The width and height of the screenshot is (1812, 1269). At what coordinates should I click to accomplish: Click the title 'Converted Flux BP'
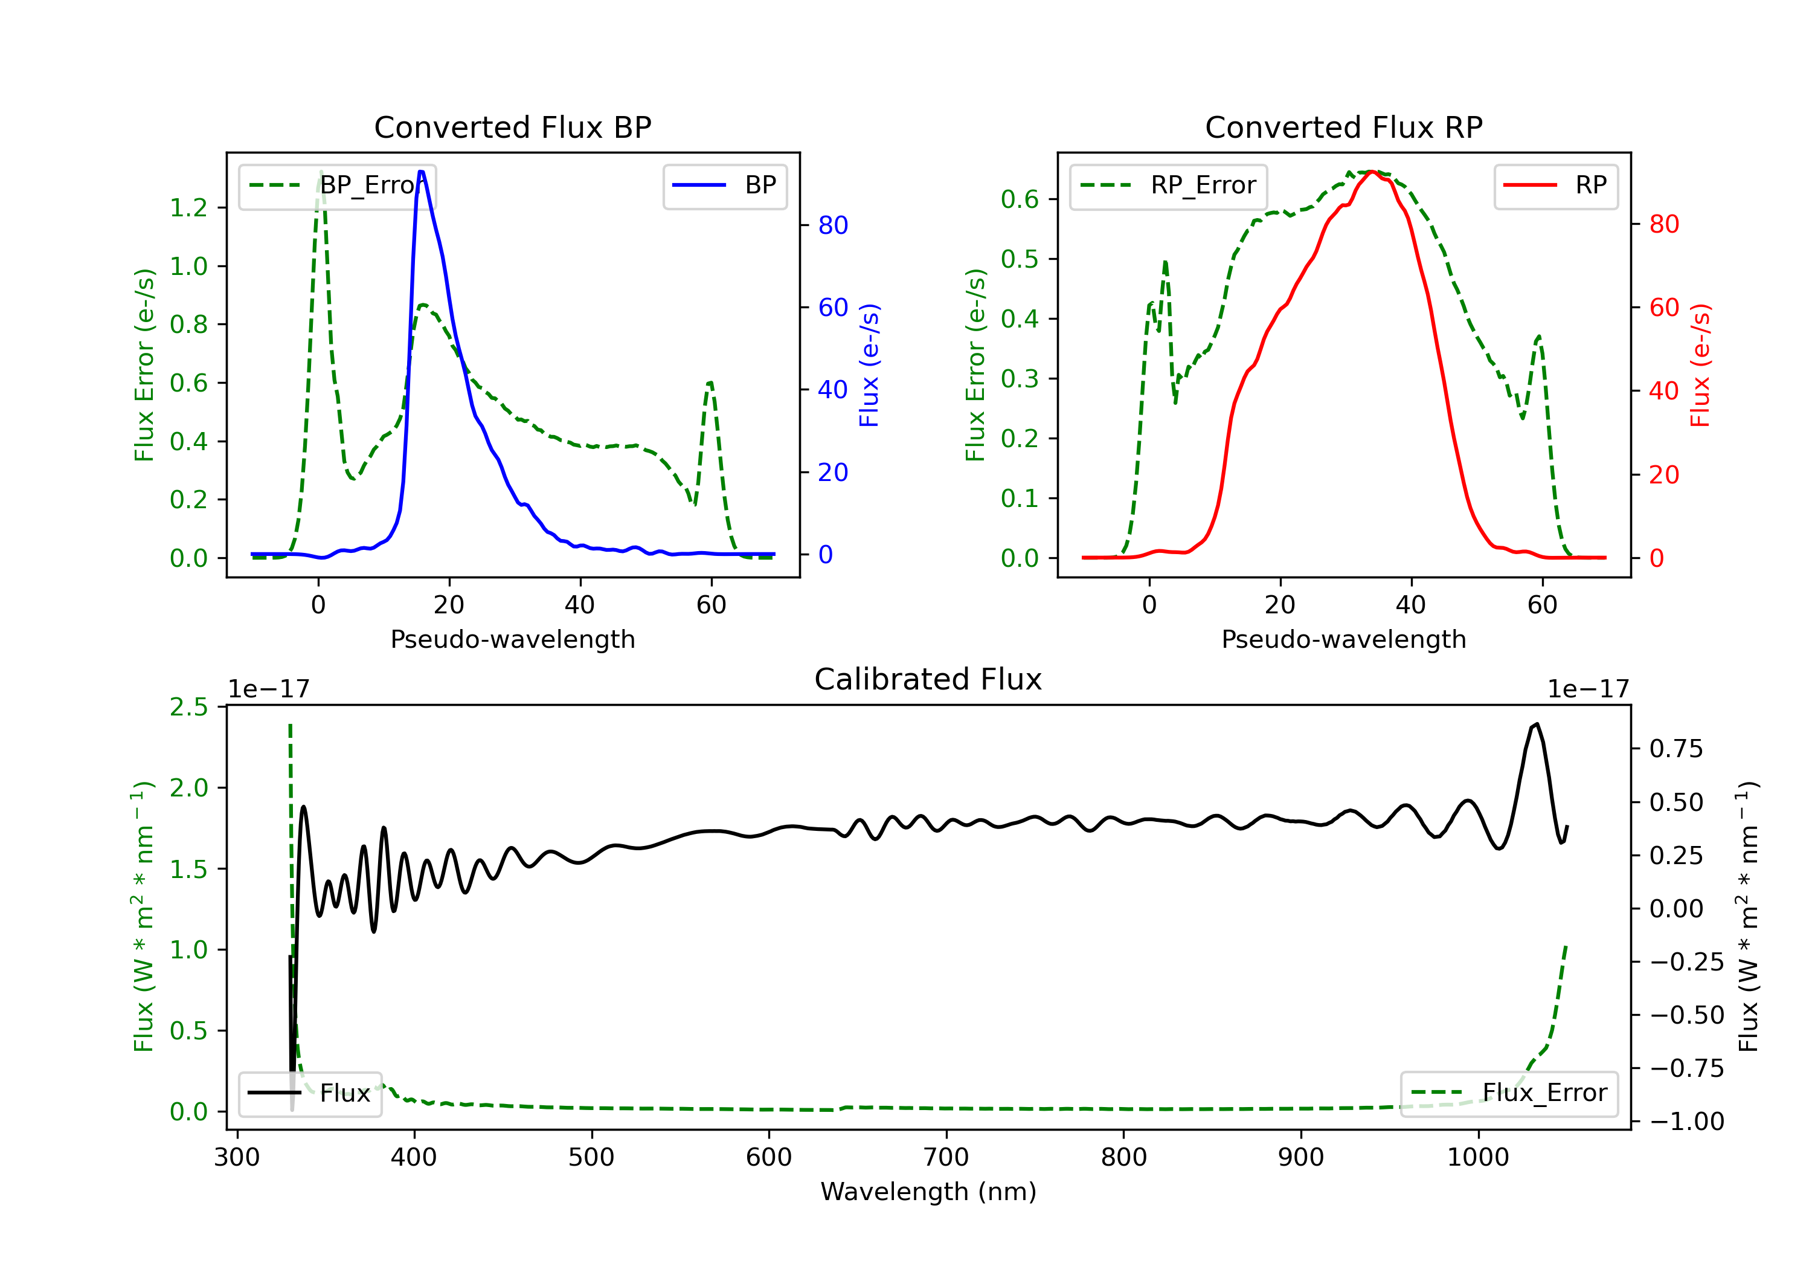coord(512,127)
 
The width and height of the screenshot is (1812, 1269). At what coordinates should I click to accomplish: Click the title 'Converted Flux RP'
coord(1343,127)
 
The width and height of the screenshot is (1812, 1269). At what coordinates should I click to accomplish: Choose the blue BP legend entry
coord(724,186)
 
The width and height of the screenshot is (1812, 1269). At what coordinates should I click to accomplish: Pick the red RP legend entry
coord(1555,186)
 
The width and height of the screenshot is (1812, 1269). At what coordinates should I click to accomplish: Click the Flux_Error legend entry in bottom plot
coord(1508,1093)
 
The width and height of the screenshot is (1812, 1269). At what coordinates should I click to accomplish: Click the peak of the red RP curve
coord(1372,172)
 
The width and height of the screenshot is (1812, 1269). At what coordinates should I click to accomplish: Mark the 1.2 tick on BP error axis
coord(188,208)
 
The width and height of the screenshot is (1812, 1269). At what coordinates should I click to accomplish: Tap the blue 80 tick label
coord(834,226)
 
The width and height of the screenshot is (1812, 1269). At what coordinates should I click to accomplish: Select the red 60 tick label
coord(1665,308)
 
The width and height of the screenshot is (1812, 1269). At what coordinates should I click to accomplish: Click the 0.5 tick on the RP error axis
coord(1020,259)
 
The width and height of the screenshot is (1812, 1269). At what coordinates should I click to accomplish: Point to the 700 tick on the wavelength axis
coord(946,1158)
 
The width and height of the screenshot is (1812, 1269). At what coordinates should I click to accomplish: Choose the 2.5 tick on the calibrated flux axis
coord(188,707)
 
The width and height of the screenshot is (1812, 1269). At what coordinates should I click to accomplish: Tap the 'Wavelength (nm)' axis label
coord(928,1192)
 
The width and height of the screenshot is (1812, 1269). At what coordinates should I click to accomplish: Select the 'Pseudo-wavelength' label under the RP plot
coord(1343,639)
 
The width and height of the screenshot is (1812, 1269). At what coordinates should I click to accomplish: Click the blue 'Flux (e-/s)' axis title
coord(869,366)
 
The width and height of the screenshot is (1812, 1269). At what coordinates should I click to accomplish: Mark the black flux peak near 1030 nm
coord(1537,723)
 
